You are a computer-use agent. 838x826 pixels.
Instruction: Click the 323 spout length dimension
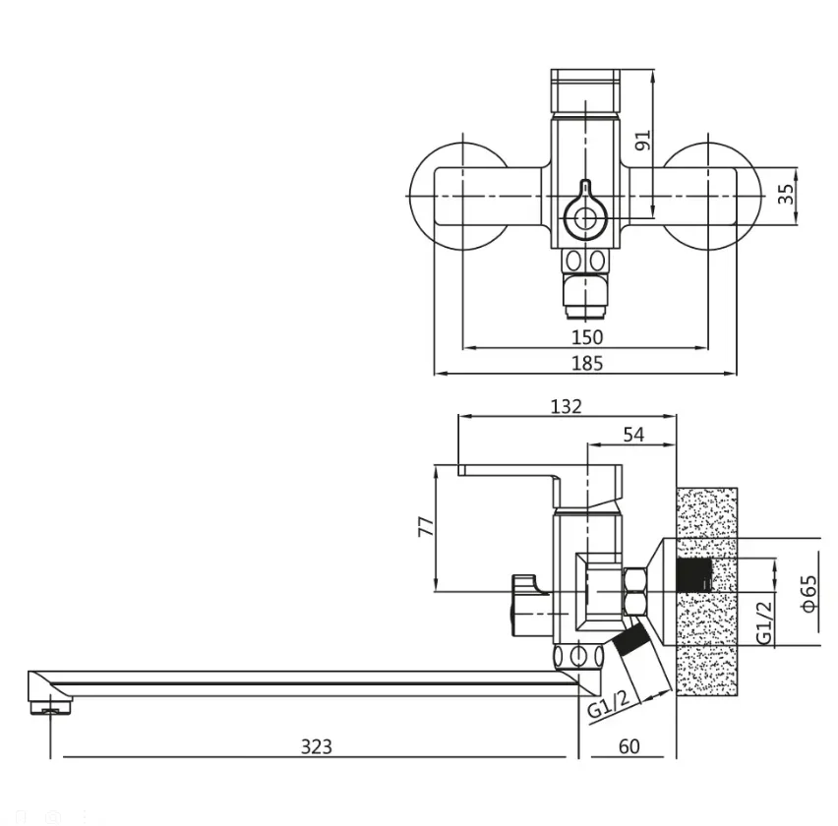click(317, 746)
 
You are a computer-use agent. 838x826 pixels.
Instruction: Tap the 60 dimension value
click(629, 746)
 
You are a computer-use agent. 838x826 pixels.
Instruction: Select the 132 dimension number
click(566, 406)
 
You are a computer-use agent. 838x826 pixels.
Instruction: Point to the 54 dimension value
click(633, 435)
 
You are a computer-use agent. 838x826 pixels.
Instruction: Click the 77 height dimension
click(427, 526)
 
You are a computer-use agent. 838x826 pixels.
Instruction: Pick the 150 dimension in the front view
click(587, 337)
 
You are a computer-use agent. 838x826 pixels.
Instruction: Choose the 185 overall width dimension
click(587, 363)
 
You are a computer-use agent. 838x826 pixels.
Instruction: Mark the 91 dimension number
click(643, 140)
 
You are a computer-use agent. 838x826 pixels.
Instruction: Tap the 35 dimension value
click(786, 195)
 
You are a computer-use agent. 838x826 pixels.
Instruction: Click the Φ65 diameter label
click(809, 593)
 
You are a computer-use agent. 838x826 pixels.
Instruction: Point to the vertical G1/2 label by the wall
click(764, 621)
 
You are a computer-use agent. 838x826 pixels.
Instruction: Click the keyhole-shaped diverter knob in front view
click(586, 211)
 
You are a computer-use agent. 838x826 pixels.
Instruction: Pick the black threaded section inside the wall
click(694, 575)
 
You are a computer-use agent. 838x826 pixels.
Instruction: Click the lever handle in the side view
click(540, 484)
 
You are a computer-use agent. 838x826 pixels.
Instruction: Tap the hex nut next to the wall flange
click(636, 591)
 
